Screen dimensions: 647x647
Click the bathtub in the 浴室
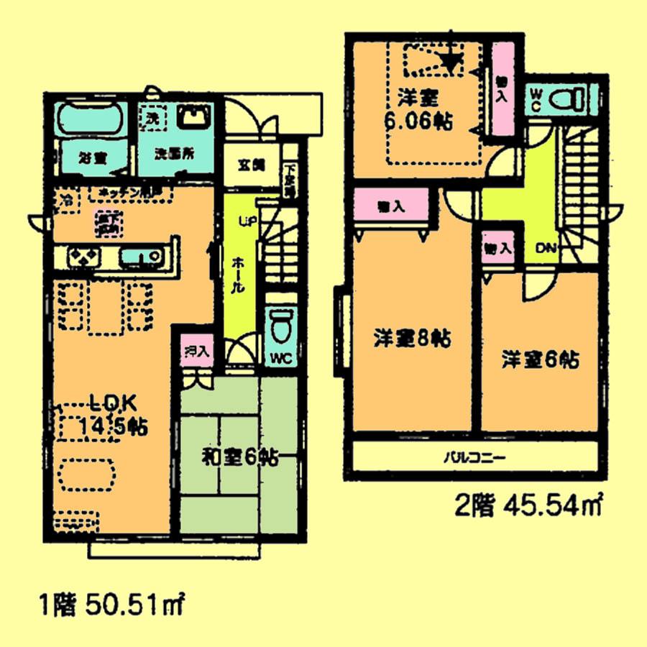point(90,119)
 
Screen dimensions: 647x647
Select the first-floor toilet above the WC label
point(280,323)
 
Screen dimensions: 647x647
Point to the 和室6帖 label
point(239,455)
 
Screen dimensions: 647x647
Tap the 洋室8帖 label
point(411,339)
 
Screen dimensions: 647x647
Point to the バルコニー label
point(474,456)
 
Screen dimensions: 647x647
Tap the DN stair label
point(545,248)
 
